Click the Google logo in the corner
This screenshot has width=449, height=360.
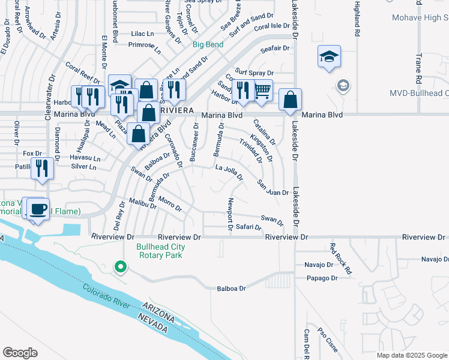[20, 353]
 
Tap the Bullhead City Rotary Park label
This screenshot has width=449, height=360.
[161, 251]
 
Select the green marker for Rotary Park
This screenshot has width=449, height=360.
[120, 266]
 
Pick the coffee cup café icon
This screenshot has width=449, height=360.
[38, 209]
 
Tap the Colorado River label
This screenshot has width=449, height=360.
[107, 296]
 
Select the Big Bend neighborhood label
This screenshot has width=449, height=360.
[208, 44]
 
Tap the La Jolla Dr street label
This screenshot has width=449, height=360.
[229, 172]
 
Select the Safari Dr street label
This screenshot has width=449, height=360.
[249, 227]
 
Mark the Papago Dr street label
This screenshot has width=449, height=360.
[321, 278]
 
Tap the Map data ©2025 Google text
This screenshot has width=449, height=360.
[411, 355]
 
